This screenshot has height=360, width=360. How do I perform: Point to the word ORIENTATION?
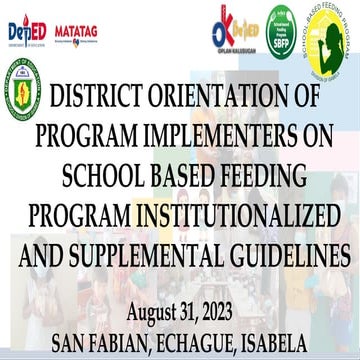click(240, 101)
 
